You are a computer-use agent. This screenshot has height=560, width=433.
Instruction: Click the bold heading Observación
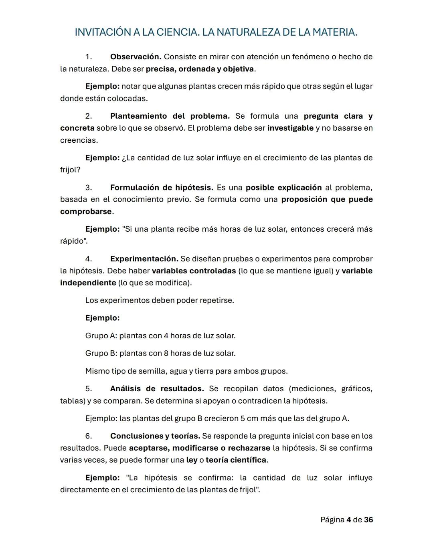click(x=136, y=57)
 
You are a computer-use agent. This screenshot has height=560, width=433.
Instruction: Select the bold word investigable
click(x=290, y=128)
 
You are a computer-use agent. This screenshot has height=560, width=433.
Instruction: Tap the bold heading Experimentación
click(x=144, y=259)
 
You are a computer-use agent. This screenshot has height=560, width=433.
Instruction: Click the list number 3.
click(x=88, y=188)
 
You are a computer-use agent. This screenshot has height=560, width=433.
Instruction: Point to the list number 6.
click(x=88, y=436)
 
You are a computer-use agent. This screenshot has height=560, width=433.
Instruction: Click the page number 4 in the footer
click(x=348, y=520)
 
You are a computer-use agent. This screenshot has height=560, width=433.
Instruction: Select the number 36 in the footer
click(x=368, y=520)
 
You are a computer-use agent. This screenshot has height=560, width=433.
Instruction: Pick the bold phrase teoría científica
click(x=236, y=460)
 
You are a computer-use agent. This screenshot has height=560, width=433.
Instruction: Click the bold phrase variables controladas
click(x=194, y=271)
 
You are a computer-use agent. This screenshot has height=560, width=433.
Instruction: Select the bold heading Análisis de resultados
click(x=157, y=389)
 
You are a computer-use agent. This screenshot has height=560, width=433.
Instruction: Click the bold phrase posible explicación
click(x=283, y=188)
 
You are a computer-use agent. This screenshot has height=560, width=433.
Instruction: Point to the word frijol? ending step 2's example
click(x=70, y=170)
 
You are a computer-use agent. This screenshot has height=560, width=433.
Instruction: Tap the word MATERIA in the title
click(x=334, y=32)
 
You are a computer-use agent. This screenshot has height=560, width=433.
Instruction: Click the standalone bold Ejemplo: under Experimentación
click(x=102, y=318)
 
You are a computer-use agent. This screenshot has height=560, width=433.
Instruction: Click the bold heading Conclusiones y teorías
click(x=155, y=436)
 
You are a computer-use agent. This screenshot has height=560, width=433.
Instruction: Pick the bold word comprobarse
click(x=86, y=212)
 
